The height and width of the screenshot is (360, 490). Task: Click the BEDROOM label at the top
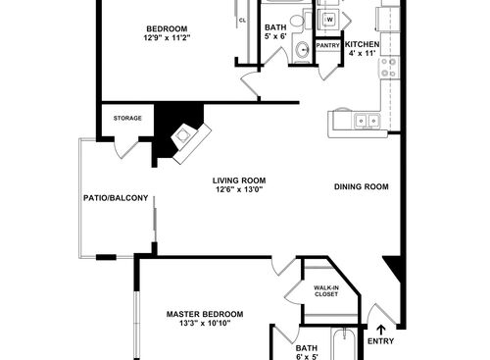pos(167,28)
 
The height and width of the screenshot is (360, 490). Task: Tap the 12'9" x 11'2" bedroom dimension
pos(167,39)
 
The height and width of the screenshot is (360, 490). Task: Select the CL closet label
pos(242,19)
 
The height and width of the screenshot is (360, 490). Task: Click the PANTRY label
pos(327,44)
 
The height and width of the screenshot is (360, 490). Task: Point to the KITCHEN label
pos(362,44)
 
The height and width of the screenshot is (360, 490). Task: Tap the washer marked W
pos(329,19)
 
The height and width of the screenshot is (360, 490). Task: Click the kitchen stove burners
pos(389,70)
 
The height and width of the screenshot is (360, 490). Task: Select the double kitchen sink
pos(367,121)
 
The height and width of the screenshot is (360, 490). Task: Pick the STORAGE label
pos(127,119)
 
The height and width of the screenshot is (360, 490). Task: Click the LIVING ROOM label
pos(240,180)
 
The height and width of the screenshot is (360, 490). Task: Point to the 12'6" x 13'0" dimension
pos(240,190)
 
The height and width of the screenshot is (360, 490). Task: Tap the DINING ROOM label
pos(362,186)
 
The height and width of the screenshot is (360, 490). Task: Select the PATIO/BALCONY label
pos(116,198)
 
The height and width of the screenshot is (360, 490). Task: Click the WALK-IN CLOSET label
pos(326,290)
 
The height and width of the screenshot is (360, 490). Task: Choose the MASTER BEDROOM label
pos(205,314)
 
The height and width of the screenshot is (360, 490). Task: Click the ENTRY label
pos(380,341)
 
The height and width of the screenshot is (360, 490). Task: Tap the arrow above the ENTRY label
pos(380,327)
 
